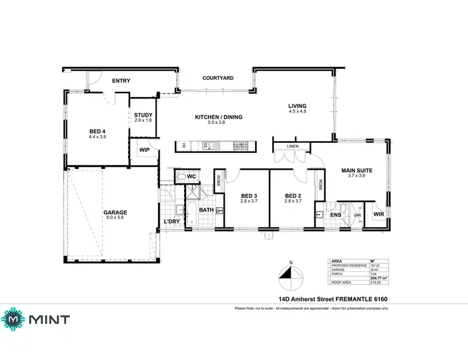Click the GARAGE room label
coord(115,212)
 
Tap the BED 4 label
coord(98,131)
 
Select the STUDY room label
coord(144,114)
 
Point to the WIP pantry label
coord(144,150)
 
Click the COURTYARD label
coord(218,78)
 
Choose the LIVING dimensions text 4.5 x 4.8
coord(297,111)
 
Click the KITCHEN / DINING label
coord(218,117)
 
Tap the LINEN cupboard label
coord(293,147)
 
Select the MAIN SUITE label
coord(357,170)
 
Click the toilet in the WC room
coord(182,177)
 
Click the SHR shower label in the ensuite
coord(357,216)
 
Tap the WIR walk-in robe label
coord(378,214)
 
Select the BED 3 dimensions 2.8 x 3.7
coord(250,201)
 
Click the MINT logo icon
coord(13,319)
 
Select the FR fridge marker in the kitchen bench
coord(183,146)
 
